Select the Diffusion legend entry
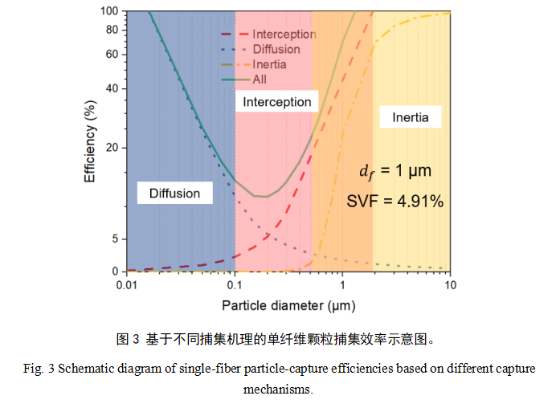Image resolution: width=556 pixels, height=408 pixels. coord(276,49)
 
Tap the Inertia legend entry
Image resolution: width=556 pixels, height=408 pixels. coord(269,64)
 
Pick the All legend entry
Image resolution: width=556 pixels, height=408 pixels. coord(260,80)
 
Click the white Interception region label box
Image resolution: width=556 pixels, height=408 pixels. coord(277,102)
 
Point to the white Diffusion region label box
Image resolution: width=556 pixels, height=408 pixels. coord(174,193)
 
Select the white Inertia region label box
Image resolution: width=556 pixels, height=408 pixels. coord(411,117)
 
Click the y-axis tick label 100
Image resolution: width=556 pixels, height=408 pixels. coord(109,11)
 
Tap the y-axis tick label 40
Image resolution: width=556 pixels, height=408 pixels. coord(112,88)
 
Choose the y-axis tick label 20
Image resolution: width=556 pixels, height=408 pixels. coord(112,148)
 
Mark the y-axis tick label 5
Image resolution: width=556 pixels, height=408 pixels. coord(115,239)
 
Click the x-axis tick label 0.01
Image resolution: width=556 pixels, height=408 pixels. coord(125,286)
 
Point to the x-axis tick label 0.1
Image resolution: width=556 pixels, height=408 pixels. coord(234,286)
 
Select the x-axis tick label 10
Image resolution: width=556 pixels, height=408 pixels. coord(451,286)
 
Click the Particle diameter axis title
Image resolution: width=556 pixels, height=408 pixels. coord(288,305)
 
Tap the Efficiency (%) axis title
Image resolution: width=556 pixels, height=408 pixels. coord(91,141)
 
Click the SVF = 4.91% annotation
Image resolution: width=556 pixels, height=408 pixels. coord(395,201)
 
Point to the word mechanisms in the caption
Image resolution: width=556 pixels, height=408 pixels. coord(277,390)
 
